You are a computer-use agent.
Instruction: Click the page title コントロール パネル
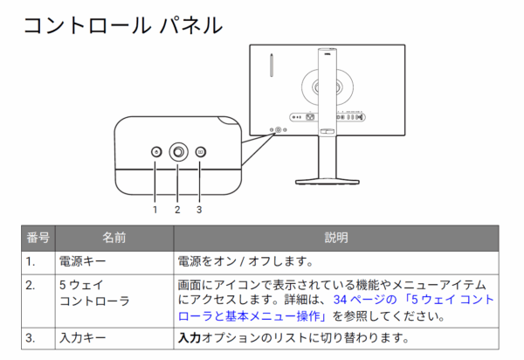click(x=123, y=25)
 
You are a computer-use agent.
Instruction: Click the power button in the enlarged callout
click(x=156, y=152)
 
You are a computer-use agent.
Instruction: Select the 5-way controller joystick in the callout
click(x=178, y=152)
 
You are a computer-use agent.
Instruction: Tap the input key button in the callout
click(x=201, y=152)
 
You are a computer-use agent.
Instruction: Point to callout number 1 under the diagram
click(x=155, y=210)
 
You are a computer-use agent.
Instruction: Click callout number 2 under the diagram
click(x=177, y=210)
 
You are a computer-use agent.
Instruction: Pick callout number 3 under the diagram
click(x=199, y=210)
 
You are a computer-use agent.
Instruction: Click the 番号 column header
click(x=38, y=238)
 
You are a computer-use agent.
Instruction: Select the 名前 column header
click(x=114, y=238)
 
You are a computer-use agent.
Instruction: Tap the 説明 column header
click(x=336, y=238)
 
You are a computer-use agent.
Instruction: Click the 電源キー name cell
click(x=83, y=261)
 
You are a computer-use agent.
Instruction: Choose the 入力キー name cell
click(x=83, y=338)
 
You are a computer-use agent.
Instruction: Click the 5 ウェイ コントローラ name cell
click(x=94, y=293)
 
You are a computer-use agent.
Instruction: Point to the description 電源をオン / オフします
click(x=245, y=261)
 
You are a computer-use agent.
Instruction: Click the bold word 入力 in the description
click(x=190, y=338)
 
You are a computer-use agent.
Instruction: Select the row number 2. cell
click(x=30, y=285)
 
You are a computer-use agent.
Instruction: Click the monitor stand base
click(x=327, y=182)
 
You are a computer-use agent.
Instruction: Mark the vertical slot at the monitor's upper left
click(x=272, y=65)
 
